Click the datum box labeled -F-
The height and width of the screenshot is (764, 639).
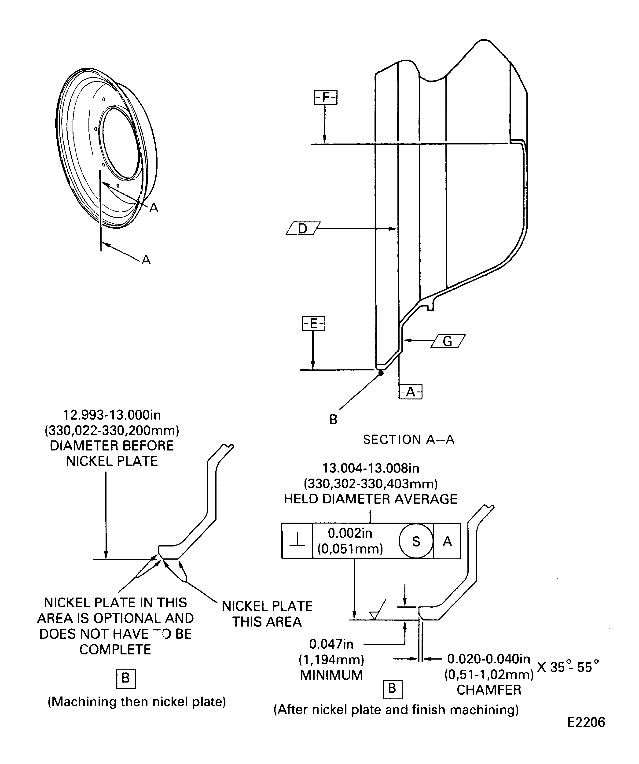326,97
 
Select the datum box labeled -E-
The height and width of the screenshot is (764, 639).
313,323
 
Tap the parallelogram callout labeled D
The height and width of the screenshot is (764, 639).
303,229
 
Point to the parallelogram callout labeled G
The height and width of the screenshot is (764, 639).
448,341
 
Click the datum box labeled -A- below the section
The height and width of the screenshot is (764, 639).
410,392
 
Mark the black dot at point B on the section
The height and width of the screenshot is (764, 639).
381,373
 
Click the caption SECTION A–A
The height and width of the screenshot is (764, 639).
409,439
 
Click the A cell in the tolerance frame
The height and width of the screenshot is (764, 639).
447,541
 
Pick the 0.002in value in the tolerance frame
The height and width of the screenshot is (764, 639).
350,533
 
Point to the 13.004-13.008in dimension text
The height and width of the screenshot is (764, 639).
371,468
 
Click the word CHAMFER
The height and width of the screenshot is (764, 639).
489,690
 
